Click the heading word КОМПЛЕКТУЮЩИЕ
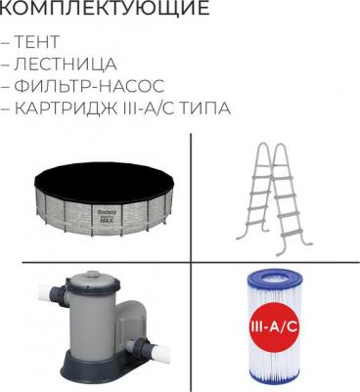[104, 7]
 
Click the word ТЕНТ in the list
[36, 42]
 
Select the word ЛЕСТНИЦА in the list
[66, 65]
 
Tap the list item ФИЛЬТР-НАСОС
[89, 86]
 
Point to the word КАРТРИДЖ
[66, 109]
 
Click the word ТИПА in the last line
[205, 109]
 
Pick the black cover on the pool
[105, 183]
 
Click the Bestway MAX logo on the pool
[107, 216]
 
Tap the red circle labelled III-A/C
[274, 327]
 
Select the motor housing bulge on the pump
[129, 322]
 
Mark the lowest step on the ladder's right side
[292, 234]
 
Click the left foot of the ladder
[242, 238]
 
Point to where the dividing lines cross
[191, 261]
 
